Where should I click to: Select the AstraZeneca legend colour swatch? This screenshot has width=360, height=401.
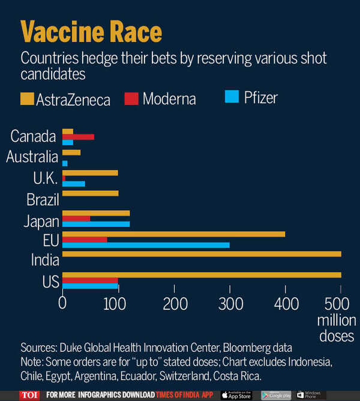point(28,97)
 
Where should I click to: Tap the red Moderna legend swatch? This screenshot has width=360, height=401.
point(131,97)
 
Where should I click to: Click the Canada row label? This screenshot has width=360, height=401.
point(34,136)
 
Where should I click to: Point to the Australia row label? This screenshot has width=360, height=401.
point(32,157)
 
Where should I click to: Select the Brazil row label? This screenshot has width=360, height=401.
point(42,199)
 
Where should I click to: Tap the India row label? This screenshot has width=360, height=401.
point(45,260)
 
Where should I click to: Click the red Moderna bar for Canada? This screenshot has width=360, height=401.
point(78,137)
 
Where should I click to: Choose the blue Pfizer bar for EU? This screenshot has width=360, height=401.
point(146,245)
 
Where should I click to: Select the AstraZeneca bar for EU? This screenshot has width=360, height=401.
point(173,234)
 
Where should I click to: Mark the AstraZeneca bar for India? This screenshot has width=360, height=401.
point(202,254)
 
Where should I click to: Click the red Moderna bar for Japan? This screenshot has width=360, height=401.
point(76,219)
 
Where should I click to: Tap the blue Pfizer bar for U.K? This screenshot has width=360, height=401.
point(74,184)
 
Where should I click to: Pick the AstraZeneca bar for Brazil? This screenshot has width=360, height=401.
point(91,193)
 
